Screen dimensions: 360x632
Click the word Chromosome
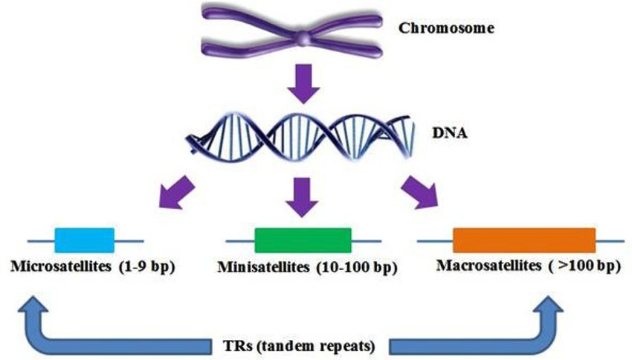[x=446, y=29]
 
